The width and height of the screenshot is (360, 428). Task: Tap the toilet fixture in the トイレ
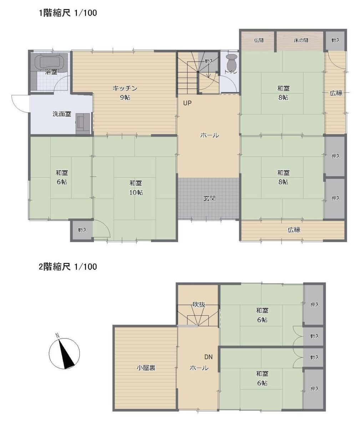point(232,62)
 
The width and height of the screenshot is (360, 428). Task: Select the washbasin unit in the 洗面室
point(83,124)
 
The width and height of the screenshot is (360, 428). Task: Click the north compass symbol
point(64,353)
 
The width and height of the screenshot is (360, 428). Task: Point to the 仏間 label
point(259,40)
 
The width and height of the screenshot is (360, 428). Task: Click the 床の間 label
point(301,40)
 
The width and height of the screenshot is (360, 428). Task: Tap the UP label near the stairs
point(187,103)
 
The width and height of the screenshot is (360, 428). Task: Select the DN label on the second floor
point(208,357)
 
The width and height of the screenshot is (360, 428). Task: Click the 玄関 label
point(209,198)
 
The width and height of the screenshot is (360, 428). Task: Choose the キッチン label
point(125,88)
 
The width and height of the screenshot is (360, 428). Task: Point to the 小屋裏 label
point(146,368)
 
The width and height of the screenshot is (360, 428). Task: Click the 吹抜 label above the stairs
point(199,305)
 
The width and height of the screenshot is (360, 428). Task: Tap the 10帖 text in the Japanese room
point(136,192)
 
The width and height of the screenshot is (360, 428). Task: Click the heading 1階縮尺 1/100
point(68,13)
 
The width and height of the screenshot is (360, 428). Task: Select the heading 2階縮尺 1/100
point(68,267)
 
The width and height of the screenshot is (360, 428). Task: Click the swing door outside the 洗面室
point(20,103)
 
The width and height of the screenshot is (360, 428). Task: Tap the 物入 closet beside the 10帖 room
point(82,230)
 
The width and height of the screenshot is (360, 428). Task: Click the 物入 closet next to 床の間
point(336,40)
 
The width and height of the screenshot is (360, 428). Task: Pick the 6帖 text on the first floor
point(62,182)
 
